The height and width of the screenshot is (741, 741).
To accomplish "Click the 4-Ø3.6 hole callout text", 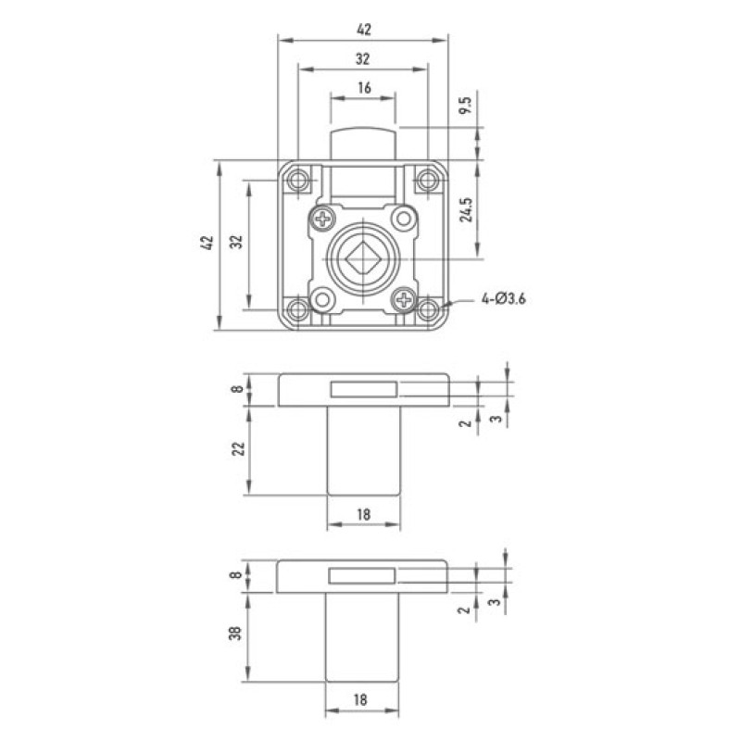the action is click(x=503, y=299).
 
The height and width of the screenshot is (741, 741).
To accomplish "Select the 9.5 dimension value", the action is click(x=466, y=105).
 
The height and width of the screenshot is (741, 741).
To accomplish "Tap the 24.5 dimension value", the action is click(x=466, y=209).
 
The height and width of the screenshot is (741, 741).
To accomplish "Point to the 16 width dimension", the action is click(x=364, y=88).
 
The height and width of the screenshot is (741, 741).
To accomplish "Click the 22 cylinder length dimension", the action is click(x=239, y=448).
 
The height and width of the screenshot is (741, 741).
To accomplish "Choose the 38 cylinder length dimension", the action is click(x=235, y=633).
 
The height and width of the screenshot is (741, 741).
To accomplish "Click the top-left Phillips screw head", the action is click(x=323, y=219).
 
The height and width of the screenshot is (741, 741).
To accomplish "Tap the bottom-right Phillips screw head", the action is click(x=404, y=299).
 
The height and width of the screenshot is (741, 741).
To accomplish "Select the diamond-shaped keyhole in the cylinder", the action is click(x=363, y=259).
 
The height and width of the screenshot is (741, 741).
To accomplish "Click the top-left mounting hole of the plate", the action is click(x=298, y=180).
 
